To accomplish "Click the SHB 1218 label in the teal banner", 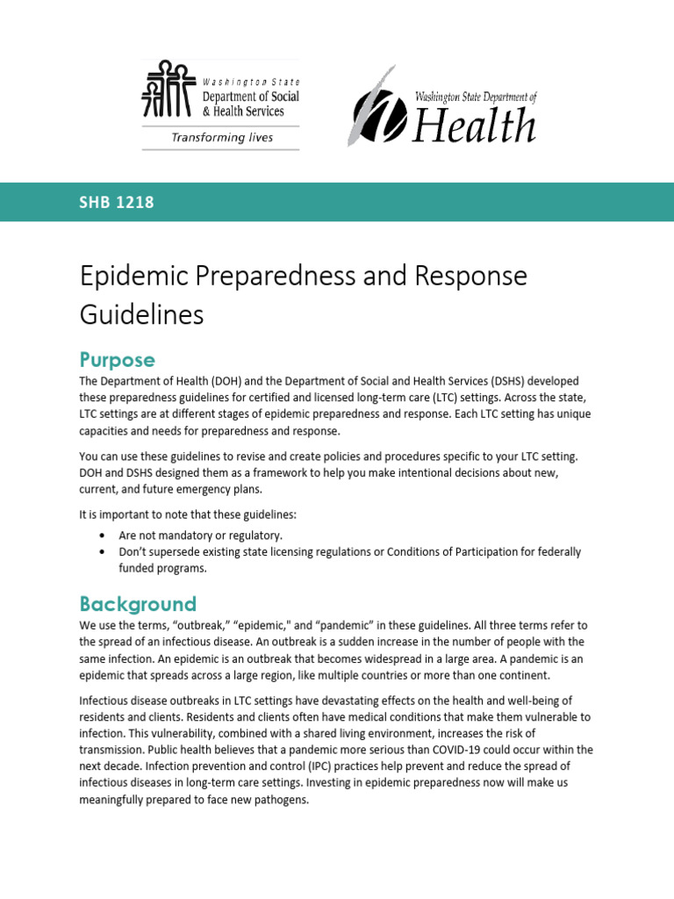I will [x=117, y=203].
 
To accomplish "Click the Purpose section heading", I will [x=117, y=360].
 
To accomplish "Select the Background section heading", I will [x=137, y=604].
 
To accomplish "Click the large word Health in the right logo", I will [x=474, y=126].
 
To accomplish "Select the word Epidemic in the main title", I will [x=134, y=276].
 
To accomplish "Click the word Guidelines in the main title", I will [x=141, y=313].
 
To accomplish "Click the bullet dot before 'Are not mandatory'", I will [x=103, y=535].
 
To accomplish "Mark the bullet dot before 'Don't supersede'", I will [x=103, y=552].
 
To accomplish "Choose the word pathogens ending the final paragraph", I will [x=279, y=800].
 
